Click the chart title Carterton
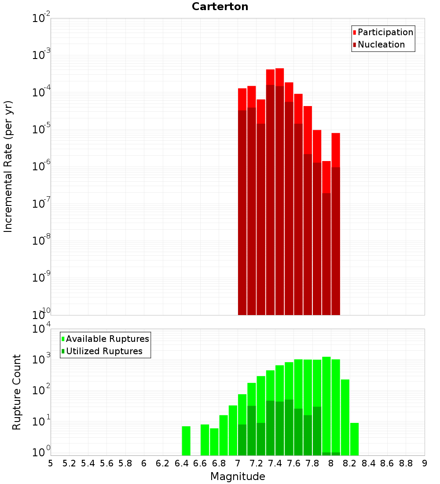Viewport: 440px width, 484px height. coord(220,7)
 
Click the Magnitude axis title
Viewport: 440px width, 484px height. coord(238,477)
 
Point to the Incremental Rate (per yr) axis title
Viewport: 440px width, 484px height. coord(8,166)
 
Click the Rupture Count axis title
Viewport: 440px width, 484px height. coord(17,392)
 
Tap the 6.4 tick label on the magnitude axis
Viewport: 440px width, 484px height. coord(181,463)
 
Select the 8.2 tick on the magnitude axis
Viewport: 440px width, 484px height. coord(350,463)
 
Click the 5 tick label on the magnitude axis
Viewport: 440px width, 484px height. coord(51,463)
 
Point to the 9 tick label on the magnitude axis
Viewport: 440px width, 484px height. coord(425,463)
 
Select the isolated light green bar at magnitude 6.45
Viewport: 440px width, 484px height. coord(186,440)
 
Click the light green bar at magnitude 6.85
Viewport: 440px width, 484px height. coord(224,435)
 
